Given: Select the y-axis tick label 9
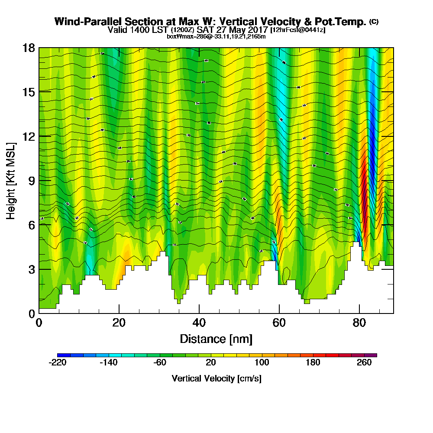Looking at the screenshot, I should click(31, 181).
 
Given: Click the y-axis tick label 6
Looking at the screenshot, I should click(31, 225).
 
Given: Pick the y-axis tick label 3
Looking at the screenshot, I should click(31, 269).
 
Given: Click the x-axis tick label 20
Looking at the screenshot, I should click(119, 323).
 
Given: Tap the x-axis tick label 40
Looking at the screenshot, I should click(199, 323).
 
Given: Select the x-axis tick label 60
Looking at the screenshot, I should click(279, 323).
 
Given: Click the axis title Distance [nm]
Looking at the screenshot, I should click(216, 339).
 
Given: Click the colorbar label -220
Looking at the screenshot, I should click(58, 363).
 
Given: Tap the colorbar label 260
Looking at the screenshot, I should click(365, 363).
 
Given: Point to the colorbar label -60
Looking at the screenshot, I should click(160, 363).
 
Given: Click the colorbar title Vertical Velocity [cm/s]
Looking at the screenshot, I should click(216, 378).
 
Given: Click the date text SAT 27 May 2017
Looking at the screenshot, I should click(232, 30).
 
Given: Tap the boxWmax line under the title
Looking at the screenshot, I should click(216, 36).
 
